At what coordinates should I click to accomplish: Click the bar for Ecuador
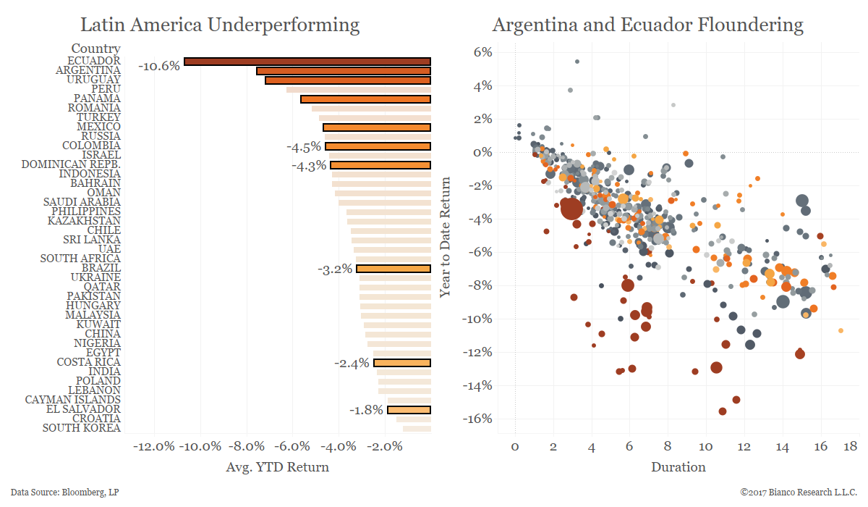click(x=307, y=62)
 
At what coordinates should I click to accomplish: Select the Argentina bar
click(x=344, y=71)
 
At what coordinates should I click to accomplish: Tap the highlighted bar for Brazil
click(x=393, y=269)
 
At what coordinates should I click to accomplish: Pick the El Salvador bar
click(x=409, y=410)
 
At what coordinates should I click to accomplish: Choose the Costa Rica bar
click(x=402, y=363)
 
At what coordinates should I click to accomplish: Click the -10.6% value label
click(x=158, y=66)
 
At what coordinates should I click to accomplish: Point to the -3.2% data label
click(x=335, y=269)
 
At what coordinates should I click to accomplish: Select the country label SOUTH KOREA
click(x=81, y=428)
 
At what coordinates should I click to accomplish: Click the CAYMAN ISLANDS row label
click(x=72, y=400)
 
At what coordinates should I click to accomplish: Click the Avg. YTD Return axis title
click(x=278, y=467)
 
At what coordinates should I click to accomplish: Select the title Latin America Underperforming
click(x=219, y=25)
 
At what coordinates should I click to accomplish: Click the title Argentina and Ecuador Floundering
click(x=647, y=25)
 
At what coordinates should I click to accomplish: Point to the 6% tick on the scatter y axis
click(x=483, y=52)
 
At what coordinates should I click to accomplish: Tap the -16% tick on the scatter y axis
click(x=479, y=419)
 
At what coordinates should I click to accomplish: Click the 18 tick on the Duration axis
click(x=851, y=446)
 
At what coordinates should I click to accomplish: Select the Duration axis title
click(x=678, y=467)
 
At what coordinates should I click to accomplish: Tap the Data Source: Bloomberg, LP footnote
click(x=65, y=493)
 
